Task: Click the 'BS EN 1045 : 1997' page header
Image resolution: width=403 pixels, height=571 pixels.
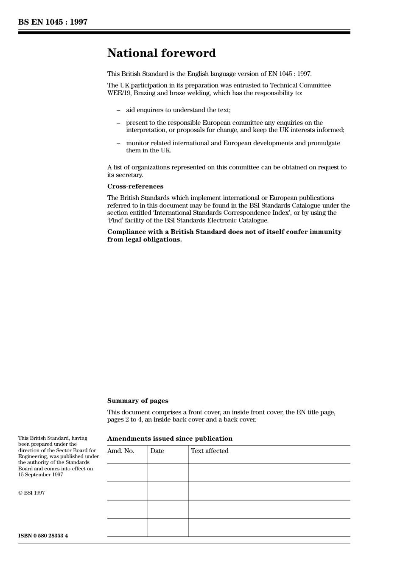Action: click(x=53, y=22)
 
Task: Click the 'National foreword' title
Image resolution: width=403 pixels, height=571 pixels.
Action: click(x=161, y=53)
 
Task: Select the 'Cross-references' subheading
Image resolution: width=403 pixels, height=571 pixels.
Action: click(x=135, y=186)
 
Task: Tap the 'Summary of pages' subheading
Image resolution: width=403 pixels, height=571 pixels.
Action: click(x=137, y=401)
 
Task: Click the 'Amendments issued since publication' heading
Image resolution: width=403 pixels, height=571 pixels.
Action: click(x=170, y=439)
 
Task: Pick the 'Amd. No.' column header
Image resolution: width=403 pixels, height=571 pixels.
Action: click(x=120, y=451)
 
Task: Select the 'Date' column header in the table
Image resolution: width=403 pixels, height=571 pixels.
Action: click(x=157, y=451)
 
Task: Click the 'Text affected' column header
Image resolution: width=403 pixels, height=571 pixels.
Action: click(x=210, y=451)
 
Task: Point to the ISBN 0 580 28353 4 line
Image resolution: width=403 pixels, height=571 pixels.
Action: click(x=43, y=535)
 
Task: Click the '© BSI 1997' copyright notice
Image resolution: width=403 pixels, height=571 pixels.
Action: click(x=31, y=493)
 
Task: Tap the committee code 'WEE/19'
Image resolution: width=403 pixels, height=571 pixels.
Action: click(x=119, y=93)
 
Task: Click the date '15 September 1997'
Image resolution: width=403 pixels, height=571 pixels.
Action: click(x=41, y=475)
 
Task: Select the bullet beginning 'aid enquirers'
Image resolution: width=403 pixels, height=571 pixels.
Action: click(x=178, y=110)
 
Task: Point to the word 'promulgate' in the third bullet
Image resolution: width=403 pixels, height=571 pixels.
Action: click(x=325, y=143)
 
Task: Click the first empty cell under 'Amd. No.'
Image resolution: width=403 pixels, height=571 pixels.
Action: click(x=127, y=473)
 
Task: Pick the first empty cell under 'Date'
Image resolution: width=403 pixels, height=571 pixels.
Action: click(x=168, y=473)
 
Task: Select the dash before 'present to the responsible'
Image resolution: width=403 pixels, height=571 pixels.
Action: click(x=118, y=123)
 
